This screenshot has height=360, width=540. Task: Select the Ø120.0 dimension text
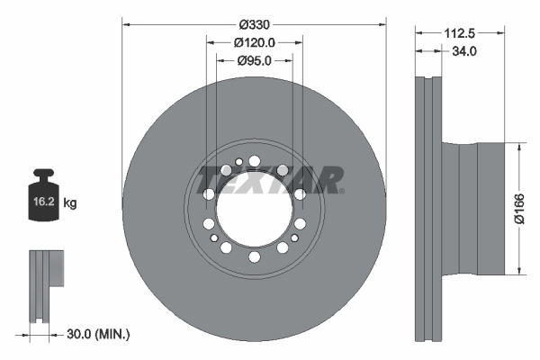pos(254,41)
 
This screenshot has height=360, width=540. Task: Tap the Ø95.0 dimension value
pos(254,60)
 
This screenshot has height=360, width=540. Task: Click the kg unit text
pos(71,203)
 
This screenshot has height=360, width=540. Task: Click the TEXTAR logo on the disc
pos(269,180)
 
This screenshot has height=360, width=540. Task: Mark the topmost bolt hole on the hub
pos(254,161)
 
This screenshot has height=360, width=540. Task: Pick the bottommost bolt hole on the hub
pos(254,257)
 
